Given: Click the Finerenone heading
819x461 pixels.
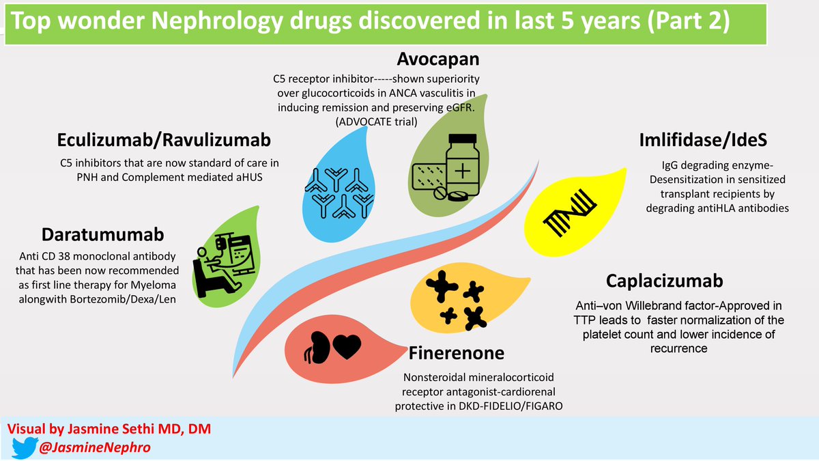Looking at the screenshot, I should (x=457, y=353).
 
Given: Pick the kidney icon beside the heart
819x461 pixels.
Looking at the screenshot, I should (x=316, y=346).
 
